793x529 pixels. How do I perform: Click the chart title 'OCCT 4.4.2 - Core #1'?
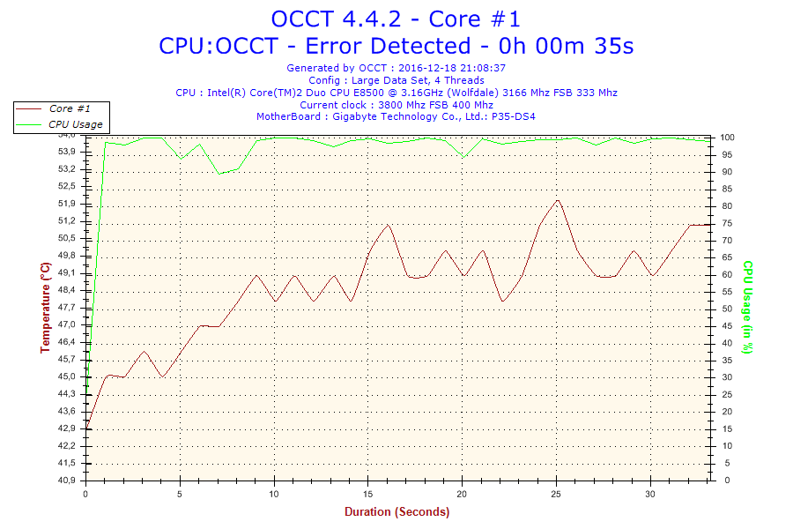click(396, 19)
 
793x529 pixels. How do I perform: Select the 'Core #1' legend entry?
click(69, 108)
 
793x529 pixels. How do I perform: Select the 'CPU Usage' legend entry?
click(75, 124)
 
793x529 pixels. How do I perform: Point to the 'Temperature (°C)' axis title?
click(46, 308)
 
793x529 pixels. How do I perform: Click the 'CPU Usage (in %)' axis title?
click(746, 307)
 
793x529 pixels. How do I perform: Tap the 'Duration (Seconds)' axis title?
click(396, 512)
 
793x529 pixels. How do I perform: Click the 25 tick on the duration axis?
click(557, 493)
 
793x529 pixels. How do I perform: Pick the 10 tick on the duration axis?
click(274, 493)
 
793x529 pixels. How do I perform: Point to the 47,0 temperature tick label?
click(67, 324)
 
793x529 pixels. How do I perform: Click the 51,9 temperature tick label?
click(67, 204)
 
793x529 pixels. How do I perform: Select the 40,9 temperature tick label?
click(67, 481)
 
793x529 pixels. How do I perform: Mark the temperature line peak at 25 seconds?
click(557, 200)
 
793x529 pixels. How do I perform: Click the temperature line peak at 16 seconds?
click(388, 225)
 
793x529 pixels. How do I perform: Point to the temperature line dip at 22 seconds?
click(501, 302)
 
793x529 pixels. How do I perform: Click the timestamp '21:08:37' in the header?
click(481, 67)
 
